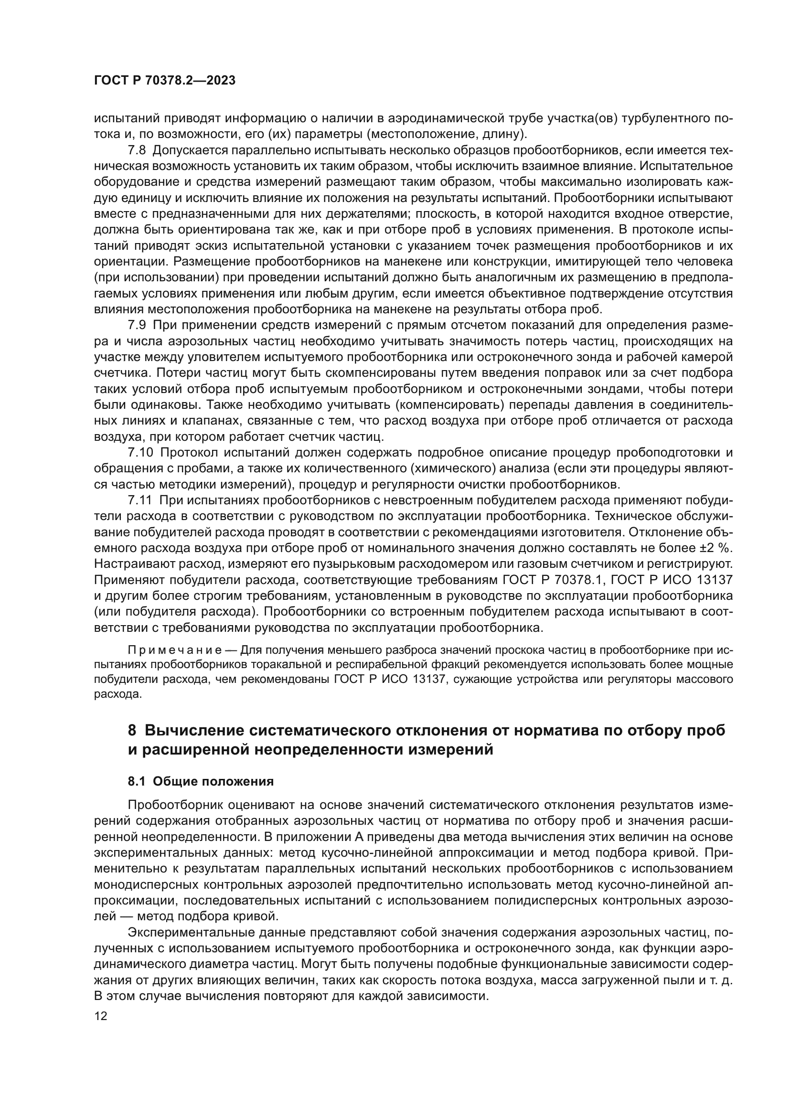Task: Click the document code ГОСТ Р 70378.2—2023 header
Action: click(164, 81)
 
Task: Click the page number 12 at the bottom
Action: click(100, 1016)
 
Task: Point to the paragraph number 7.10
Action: click(140, 452)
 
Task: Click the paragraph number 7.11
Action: click(140, 500)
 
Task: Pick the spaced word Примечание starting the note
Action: click(175, 650)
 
